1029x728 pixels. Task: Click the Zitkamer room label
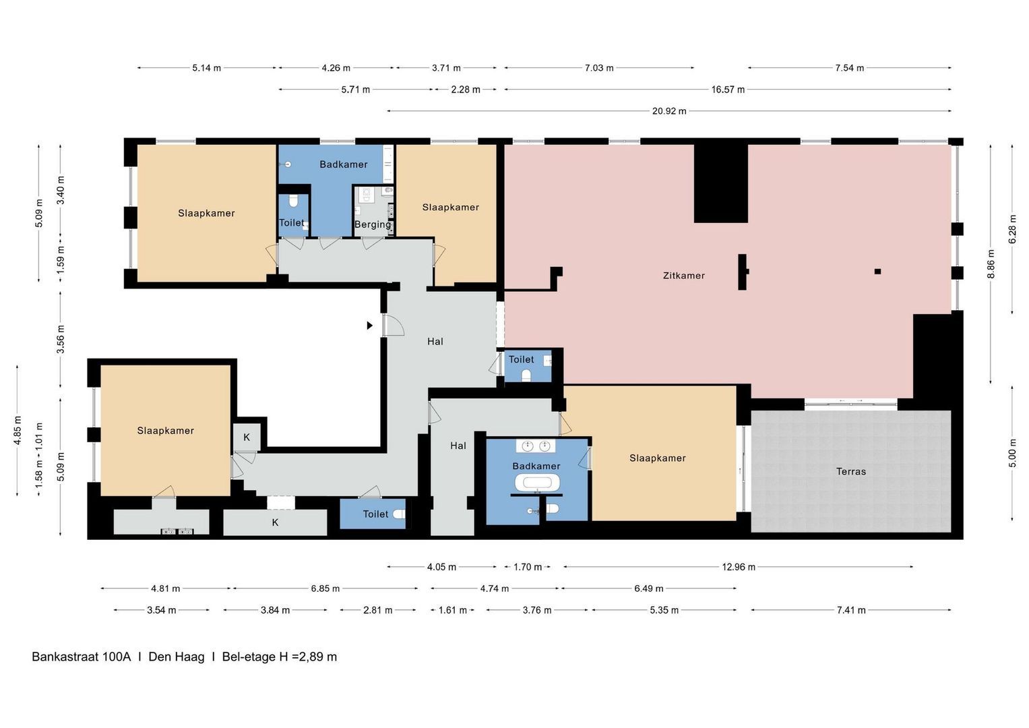coord(683,276)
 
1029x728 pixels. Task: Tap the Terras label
coord(851,472)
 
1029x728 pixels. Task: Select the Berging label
coord(373,224)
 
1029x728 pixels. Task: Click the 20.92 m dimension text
coord(669,111)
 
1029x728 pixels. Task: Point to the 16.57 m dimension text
coord(728,90)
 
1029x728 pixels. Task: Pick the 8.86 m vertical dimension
coord(991,264)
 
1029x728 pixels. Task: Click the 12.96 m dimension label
coord(739,567)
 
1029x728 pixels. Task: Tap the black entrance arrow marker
coord(370,326)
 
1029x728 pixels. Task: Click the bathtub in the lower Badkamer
coord(537,483)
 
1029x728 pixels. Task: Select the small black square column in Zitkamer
coord(877,272)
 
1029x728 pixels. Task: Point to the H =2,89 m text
coord(308,657)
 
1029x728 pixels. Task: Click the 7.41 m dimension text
coord(851,610)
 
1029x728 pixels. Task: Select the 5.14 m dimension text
coord(207,68)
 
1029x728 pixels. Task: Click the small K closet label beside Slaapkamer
coord(247,437)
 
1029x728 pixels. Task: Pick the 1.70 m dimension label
coord(528,567)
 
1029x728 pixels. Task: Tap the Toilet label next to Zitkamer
coord(522,359)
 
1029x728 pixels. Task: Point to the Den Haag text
coord(177,657)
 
